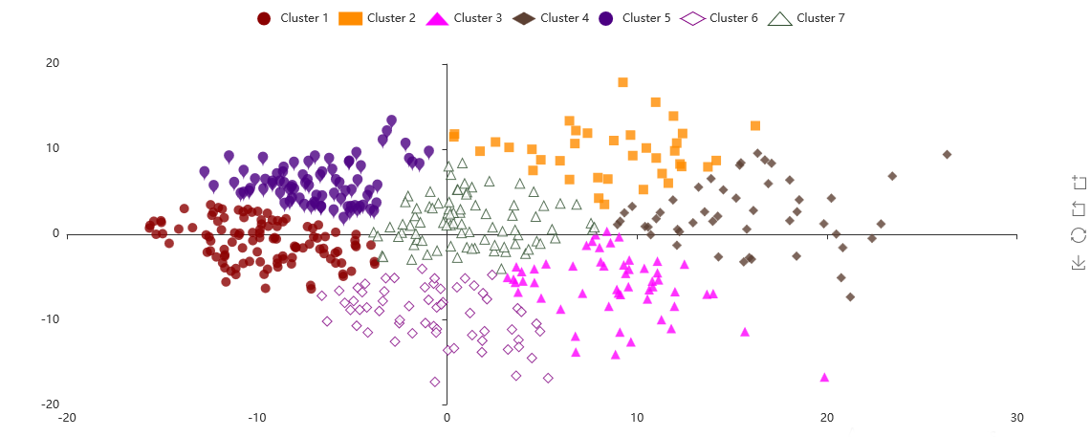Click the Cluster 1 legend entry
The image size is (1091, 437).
click(293, 18)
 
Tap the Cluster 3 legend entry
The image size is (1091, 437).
click(465, 18)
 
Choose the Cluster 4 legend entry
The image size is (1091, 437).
click(552, 18)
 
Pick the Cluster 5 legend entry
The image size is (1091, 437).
click(635, 18)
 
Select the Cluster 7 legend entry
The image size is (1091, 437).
click(808, 18)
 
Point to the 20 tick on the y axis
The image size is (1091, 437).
click(52, 63)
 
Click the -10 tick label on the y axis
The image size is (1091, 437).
click(49, 318)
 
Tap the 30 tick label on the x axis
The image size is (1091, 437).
click(1017, 418)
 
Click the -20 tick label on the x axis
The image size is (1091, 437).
click(68, 418)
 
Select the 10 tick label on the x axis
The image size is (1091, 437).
click(637, 418)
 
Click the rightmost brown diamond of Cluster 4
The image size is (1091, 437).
click(947, 154)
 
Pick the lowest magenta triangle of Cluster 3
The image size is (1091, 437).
click(824, 377)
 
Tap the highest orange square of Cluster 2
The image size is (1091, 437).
click(622, 82)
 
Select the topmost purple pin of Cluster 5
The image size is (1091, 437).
click(391, 120)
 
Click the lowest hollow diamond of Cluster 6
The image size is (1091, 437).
click(435, 382)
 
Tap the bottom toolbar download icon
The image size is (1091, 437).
click(1079, 262)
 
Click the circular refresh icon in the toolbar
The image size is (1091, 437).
click(1079, 235)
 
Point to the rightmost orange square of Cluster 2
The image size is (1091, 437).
click(755, 125)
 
